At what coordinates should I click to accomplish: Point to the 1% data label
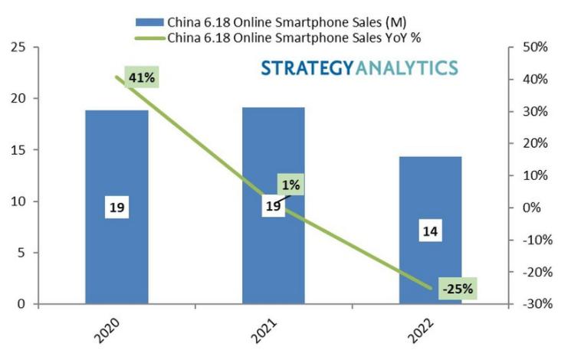coord(291,184)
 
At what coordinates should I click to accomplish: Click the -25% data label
coord(458,289)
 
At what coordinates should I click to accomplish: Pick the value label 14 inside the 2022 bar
coord(430,231)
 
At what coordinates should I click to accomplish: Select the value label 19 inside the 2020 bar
coord(116,208)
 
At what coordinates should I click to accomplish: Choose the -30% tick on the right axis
coord(534,304)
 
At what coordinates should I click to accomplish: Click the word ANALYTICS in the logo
coord(406,67)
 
